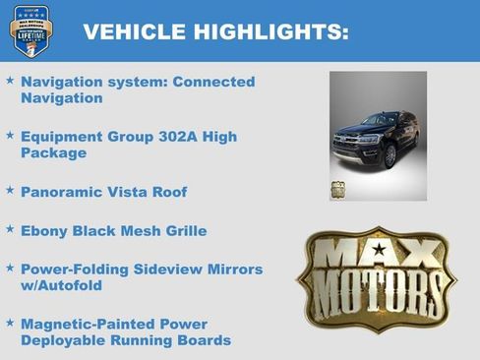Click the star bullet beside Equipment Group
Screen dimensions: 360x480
click(10, 133)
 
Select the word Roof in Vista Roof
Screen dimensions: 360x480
click(166, 192)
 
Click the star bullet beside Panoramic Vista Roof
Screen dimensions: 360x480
click(10, 188)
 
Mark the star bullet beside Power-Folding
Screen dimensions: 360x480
click(10, 267)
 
